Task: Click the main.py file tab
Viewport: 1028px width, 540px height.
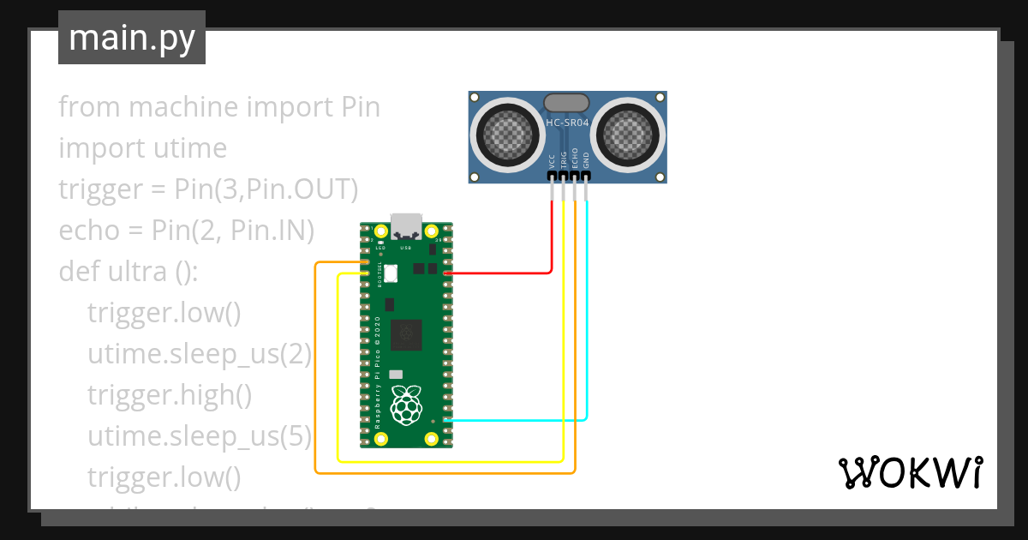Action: tap(131, 38)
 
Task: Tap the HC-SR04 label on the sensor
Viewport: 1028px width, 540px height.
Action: tap(567, 123)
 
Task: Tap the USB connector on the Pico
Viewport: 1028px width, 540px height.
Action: tap(405, 226)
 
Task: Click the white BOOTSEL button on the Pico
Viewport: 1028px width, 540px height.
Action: tap(391, 273)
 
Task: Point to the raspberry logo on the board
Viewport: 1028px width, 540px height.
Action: tap(405, 405)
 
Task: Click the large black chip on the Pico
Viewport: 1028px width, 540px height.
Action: tap(406, 333)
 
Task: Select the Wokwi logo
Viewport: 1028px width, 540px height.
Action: tap(909, 472)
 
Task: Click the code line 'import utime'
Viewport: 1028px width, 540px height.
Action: tap(142, 148)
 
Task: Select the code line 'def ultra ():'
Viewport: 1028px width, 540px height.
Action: tap(128, 272)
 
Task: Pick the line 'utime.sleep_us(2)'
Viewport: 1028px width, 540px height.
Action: tap(200, 354)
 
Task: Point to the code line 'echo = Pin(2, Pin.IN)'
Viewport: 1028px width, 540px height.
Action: tap(187, 231)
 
